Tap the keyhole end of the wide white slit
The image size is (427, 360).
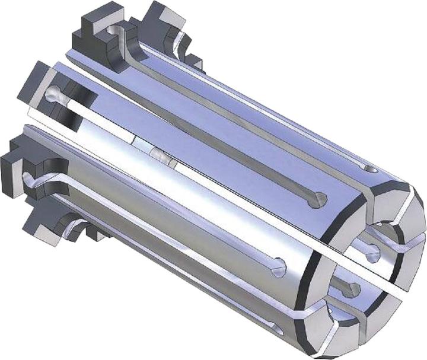(55, 93)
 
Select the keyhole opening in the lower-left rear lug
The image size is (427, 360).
(27, 176)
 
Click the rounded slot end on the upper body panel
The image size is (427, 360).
(320, 199)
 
